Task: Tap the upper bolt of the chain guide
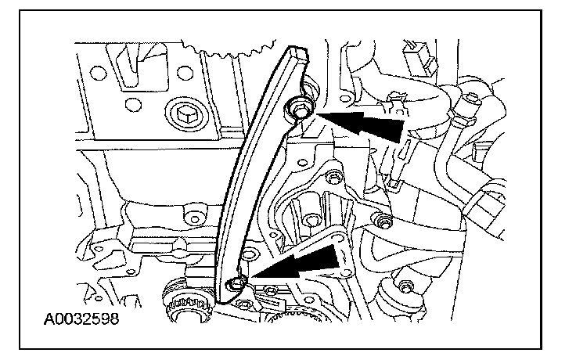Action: point(300,110)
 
